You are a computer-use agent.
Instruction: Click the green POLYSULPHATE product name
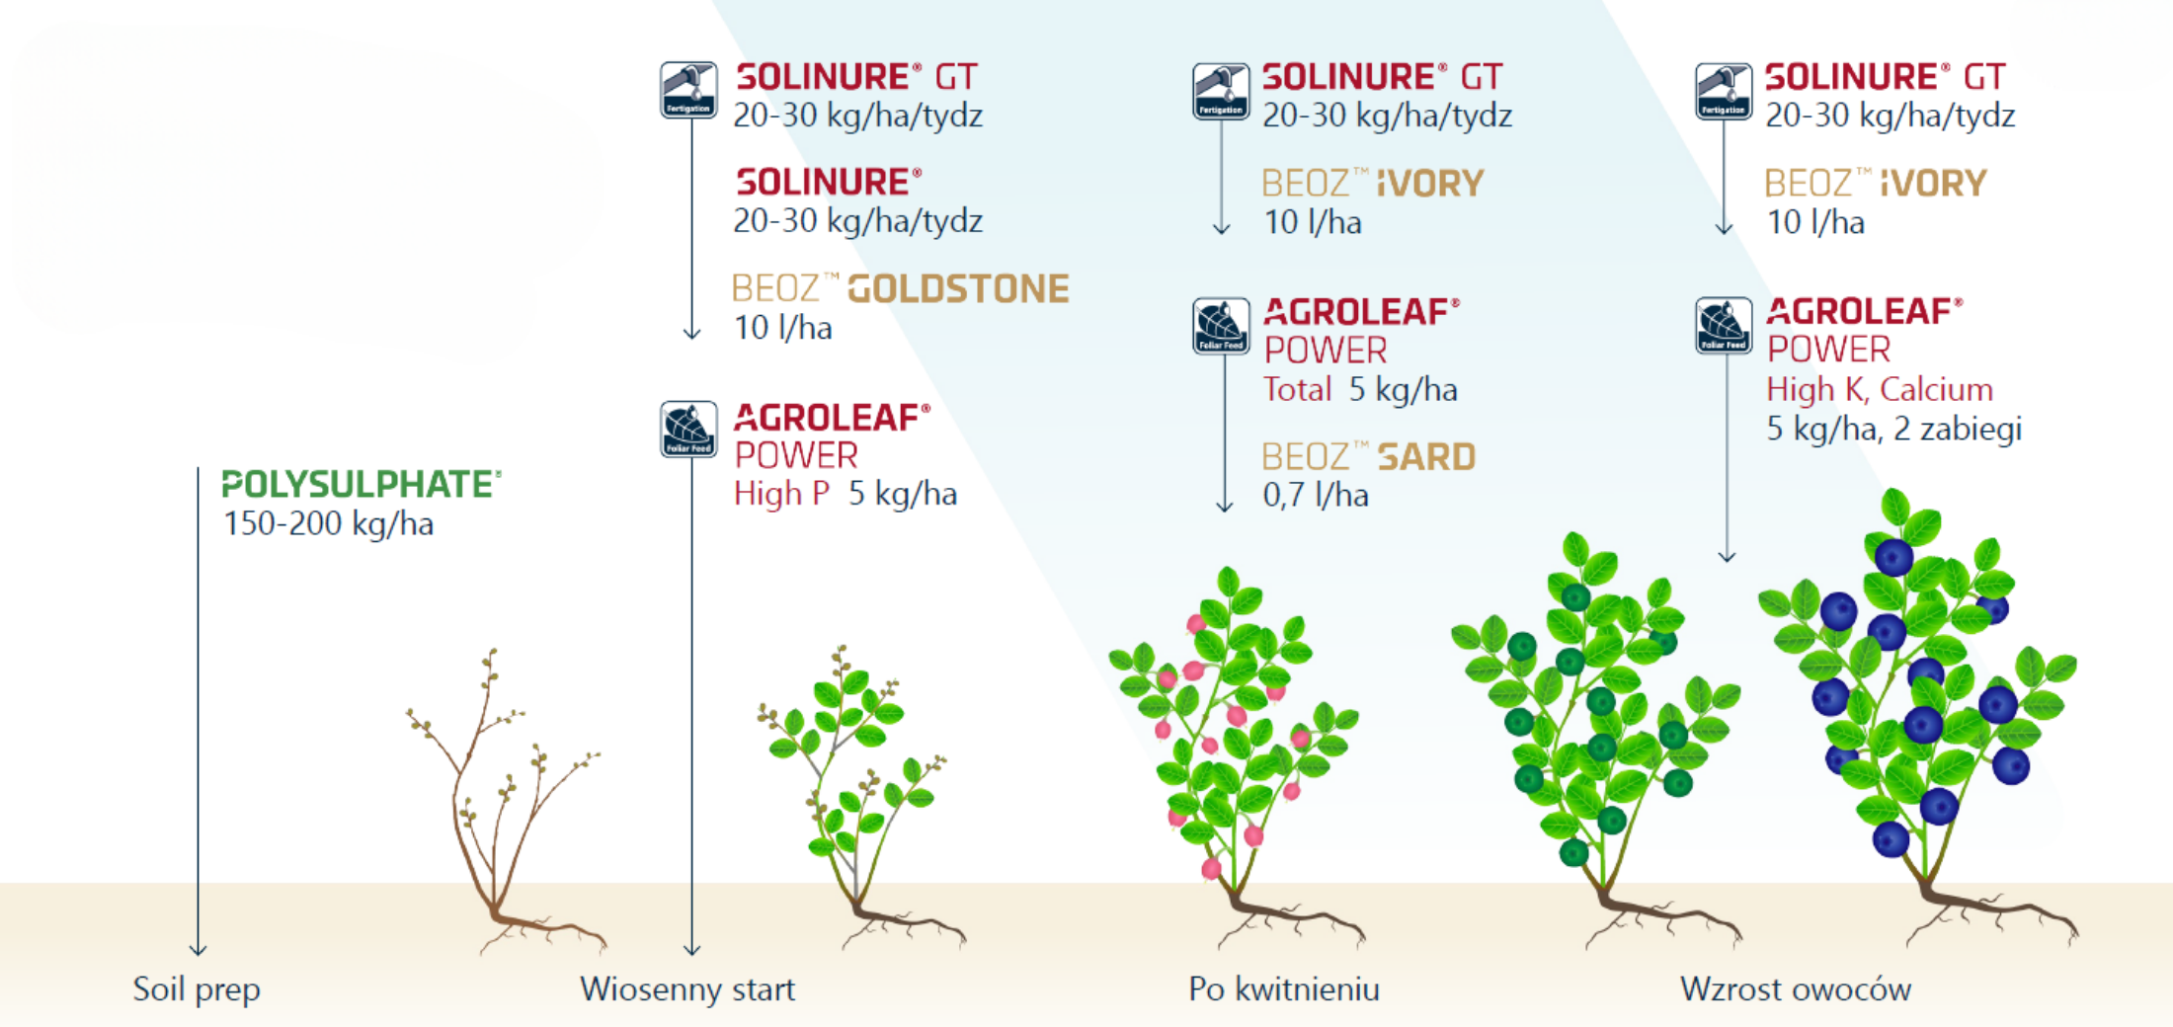[x=362, y=484]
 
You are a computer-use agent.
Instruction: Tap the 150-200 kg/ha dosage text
[x=329, y=523]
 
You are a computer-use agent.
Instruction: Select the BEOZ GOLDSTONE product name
[x=901, y=288]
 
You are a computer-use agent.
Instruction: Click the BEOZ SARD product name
[x=1369, y=456]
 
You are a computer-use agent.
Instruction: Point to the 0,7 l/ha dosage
[x=1316, y=495]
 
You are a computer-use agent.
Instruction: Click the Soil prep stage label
[x=197, y=989]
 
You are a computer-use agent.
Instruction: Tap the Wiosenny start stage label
[x=687, y=988]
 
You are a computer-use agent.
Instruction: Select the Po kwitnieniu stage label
[x=1284, y=988]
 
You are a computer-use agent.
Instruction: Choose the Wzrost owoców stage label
[x=1796, y=988]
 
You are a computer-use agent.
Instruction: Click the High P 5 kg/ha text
[x=845, y=494]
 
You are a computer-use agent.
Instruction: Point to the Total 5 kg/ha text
[x=1360, y=390]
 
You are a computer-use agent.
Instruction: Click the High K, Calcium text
[x=1880, y=390]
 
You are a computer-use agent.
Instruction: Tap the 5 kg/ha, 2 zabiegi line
[x=1893, y=429]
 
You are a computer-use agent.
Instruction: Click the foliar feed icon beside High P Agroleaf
[x=688, y=430]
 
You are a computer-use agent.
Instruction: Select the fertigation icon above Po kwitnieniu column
[x=1221, y=91]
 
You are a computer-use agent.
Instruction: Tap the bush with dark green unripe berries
[x=1595, y=741]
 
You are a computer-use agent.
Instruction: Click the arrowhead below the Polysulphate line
[x=198, y=950]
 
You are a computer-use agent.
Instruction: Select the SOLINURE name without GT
[x=829, y=182]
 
